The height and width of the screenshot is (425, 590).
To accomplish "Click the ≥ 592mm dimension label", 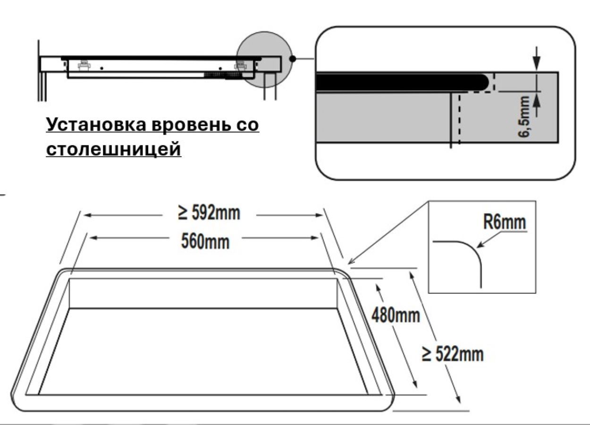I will (x=209, y=213).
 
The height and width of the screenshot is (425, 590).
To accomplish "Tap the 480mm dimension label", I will (x=395, y=314).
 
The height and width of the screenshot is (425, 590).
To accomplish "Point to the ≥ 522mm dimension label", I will (x=453, y=354).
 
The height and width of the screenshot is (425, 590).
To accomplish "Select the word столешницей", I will (x=114, y=149).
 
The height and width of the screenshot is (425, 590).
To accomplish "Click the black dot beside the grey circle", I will (x=293, y=59).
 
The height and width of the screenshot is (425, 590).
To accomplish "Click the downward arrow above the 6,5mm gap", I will (x=537, y=66).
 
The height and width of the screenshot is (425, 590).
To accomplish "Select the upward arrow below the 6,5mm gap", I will (x=537, y=97).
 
